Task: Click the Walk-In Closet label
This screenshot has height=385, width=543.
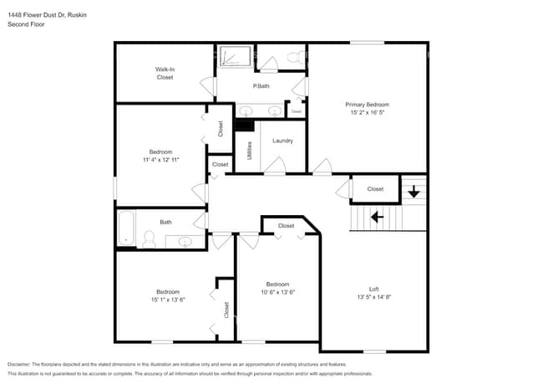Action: tap(165, 73)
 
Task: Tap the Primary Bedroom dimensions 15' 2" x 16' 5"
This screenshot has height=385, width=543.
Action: tap(367, 112)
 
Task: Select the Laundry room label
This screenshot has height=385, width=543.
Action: tap(282, 141)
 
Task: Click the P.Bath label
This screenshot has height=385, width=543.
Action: tap(261, 86)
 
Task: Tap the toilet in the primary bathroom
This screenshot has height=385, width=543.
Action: tap(293, 58)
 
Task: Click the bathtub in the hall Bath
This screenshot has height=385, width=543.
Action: tap(127, 228)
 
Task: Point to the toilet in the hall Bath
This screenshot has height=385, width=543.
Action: tap(149, 240)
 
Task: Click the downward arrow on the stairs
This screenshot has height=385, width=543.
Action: tap(414, 192)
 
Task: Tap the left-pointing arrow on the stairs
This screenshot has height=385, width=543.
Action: tap(377, 217)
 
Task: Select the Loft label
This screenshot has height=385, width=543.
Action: tap(373, 289)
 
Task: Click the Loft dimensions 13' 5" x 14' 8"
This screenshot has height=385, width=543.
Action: tap(373, 296)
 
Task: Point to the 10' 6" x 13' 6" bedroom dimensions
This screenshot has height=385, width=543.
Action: tap(277, 291)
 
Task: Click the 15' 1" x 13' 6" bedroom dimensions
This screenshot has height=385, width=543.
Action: tap(167, 299)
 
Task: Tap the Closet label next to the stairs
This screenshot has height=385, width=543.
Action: tap(375, 189)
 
